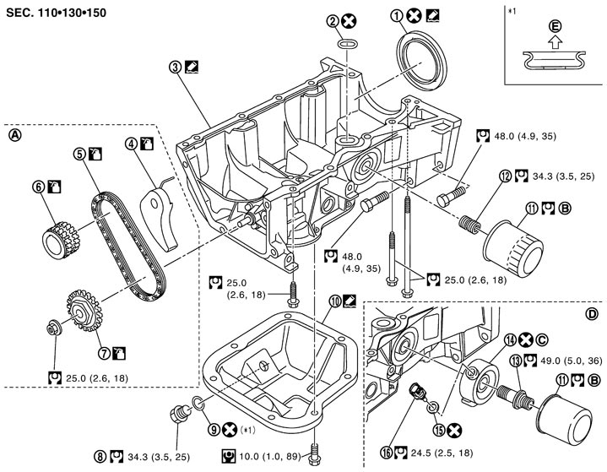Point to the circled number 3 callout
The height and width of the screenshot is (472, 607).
pos(176,65)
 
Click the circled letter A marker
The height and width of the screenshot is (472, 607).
pos(14,133)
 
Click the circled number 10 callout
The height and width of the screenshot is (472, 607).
pos(335,300)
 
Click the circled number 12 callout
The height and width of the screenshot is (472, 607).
pos(505,176)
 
